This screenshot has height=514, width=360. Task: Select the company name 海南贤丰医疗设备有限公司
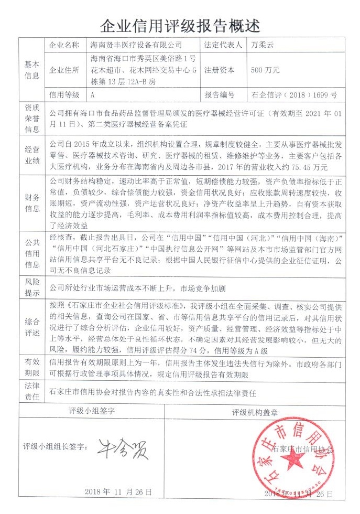(136, 45)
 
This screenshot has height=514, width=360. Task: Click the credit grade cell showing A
(93, 95)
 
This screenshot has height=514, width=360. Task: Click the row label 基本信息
(31, 70)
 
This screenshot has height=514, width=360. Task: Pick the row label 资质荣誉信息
(31, 119)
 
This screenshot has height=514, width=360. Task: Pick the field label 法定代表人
(223, 45)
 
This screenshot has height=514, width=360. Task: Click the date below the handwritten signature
(118, 492)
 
